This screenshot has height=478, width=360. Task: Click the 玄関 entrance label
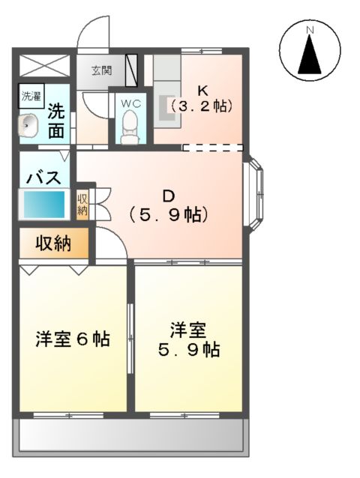[x=102, y=71]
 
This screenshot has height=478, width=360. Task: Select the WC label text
[x=131, y=101]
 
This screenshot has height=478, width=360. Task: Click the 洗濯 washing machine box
[x=31, y=96]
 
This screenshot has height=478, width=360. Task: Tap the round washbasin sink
[x=30, y=124]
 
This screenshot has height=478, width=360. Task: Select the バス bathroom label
[x=43, y=178]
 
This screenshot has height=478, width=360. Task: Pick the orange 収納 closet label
[x=52, y=243]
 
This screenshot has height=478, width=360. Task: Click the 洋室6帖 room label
[x=73, y=339]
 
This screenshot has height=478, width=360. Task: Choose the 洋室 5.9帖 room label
[x=187, y=339]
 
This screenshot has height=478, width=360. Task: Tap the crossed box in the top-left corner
[x=43, y=64]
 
